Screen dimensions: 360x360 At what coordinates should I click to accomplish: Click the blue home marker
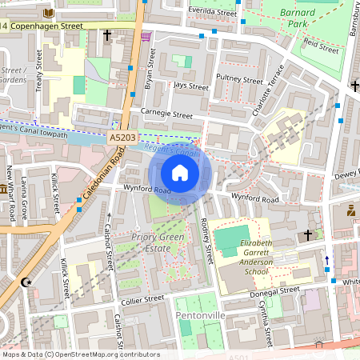click(180, 173)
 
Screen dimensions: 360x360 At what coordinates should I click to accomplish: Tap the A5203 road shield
click(122, 138)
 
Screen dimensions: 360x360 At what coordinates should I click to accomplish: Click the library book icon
click(49, 13)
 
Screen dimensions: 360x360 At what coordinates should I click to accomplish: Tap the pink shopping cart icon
click(145, 36)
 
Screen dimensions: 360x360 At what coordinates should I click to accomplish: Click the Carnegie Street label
click(166, 114)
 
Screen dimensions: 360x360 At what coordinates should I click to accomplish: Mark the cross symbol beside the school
click(307, 234)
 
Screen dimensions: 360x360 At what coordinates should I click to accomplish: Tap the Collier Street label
click(142, 299)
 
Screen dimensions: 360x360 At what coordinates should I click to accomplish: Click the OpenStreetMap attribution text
click(80, 354)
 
